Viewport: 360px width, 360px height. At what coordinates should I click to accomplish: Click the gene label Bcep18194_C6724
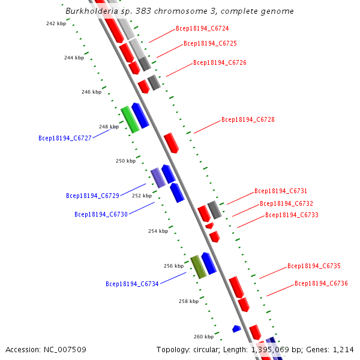(x=202, y=28)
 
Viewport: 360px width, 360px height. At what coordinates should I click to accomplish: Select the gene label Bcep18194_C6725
(x=210, y=43)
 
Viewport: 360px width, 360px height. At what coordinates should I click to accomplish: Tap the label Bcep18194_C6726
(x=220, y=62)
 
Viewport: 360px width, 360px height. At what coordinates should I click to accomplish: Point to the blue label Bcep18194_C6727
(x=65, y=138)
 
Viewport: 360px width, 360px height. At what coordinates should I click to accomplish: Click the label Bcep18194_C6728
(x=248, y=119)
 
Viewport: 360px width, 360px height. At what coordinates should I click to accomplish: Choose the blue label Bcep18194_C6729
(x=92, y=196)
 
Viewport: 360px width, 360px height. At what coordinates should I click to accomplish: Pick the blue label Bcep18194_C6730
(x=101, y=214)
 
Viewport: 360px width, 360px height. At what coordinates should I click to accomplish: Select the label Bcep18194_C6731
(x=281, y=191)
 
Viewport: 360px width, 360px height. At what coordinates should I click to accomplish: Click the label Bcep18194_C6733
(x=292, y=215)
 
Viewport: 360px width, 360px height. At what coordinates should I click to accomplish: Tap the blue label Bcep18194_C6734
(x=132, y=284)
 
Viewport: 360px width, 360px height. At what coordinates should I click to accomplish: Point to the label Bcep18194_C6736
(x=321, y=283)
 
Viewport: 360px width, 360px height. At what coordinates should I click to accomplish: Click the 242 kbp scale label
(x=56, y=23)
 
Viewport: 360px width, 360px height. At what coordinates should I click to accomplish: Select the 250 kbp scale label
(x=125, y=161)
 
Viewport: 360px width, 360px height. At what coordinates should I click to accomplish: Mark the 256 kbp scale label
(x=173, y=266)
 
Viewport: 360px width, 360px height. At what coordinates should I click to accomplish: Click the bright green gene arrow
(x=130, y=119)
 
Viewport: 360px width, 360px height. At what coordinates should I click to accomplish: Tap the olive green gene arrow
(x=198, y=266)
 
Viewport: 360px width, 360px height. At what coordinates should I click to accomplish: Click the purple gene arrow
(x=158, y=178)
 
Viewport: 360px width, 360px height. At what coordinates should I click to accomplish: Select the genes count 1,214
(x=341, y=349)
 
